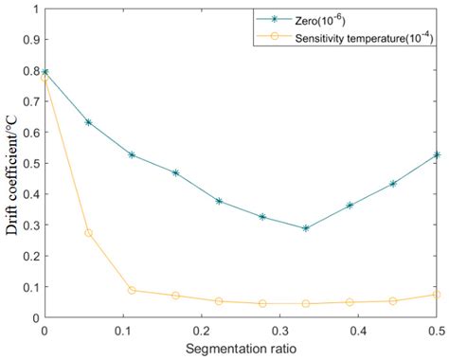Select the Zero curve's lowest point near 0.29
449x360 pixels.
click(x=305, y=228)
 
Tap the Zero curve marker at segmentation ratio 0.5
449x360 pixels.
click(x=435, y=154)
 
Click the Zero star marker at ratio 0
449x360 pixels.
click(x=45, y=72)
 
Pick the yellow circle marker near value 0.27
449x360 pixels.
click(x=88, y=233)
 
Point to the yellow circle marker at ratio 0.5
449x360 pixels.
click(x=435, y=295)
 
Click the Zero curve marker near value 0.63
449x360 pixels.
click(x=88, y=122)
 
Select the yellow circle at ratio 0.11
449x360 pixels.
click(x=132, y=290)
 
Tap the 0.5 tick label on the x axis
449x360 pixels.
click(x=435, y=332)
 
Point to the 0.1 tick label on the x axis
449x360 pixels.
click(x=122, y=332)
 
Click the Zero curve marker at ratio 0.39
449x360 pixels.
click(x=349, y=205)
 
